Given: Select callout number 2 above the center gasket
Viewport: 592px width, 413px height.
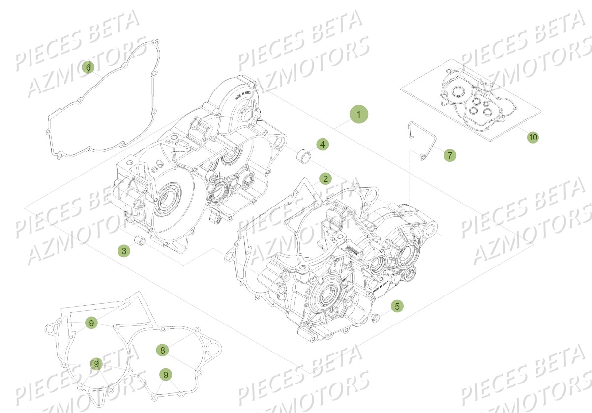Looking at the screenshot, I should pyautogui.click(x=325, y=178).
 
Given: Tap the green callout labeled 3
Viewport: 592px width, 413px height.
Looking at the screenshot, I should pyautogui.click(x=124, y=251).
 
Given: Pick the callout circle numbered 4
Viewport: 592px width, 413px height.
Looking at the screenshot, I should pyautogui.click(x=322, y=145).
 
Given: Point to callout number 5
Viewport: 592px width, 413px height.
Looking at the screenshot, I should pyautogui.click(x=397, y=306).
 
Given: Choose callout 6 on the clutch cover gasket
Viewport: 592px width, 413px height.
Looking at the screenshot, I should pyautogui.click(x=89, y=68).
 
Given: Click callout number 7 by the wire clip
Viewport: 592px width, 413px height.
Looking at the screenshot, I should pyautogui.click(x=449, y=155).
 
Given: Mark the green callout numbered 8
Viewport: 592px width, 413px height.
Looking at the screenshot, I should pyautogui.click(x=162, y=350).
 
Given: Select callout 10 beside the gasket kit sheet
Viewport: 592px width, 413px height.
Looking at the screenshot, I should pyautogui.click(x=533, y=137).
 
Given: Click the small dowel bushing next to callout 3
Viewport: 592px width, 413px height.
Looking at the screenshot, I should pyautogui.click(x=141, y=242).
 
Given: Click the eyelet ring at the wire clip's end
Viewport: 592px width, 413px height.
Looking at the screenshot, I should pyautogui.click(x=422, y=157).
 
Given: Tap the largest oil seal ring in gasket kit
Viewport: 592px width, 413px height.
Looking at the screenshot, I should pyautogui.click(x=459, y=91).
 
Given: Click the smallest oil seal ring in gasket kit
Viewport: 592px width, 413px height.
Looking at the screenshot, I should pyautogui.click(x=486, y=104).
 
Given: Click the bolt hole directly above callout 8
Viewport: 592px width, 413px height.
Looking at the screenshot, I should pyautogui.click(x=163, y=329).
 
